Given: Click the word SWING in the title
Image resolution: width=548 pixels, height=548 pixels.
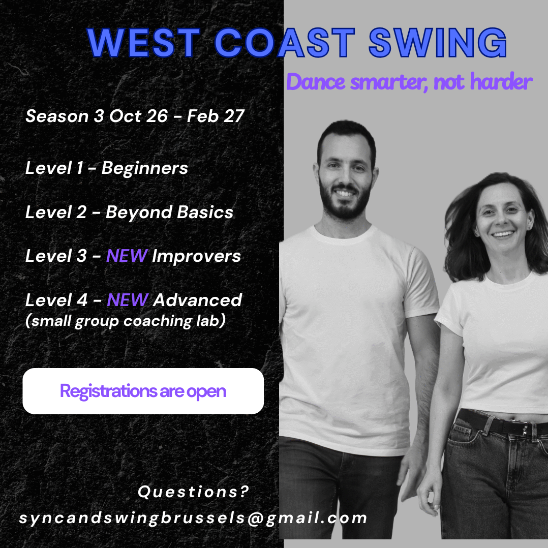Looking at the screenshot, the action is point(438,43).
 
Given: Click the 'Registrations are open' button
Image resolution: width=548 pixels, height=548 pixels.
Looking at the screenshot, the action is point(143,391).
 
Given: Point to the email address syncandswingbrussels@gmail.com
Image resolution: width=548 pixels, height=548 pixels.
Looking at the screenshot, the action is point(193,518).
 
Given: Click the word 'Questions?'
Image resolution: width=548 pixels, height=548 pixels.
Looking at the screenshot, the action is point(193,492).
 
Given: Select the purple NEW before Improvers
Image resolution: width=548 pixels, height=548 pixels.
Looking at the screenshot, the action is point(127,256).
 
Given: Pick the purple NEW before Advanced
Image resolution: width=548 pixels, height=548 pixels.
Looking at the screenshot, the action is point(128,300).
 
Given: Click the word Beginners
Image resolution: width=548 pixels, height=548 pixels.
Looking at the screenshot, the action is point(145,168).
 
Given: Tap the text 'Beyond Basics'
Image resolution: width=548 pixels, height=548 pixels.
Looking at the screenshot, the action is point(169,212).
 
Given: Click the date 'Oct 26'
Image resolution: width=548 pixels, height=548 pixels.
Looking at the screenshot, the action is point(138,116).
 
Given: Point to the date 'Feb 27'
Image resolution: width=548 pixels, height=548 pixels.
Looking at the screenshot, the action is point(216,116).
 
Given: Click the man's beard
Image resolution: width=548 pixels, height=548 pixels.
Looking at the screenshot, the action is point(345,204).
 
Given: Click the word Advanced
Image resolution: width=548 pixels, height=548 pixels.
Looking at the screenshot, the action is point(197,300).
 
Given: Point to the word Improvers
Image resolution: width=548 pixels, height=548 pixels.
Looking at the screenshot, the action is point(196,256).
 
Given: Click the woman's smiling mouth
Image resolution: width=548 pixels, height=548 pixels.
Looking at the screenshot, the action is point(503,234).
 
